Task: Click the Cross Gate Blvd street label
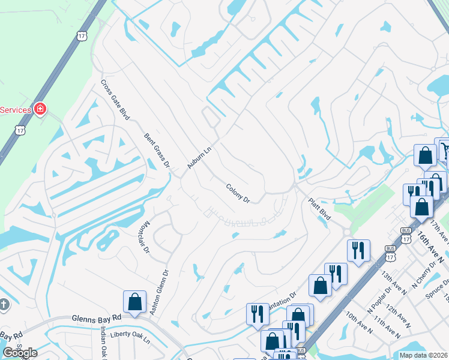pyautogui.click(x=115, y=100)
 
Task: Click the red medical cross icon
pyautogui.click(x=40, y=109)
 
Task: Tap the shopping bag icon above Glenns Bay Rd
pyautogui.click(x=134, y=301)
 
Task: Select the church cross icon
pyautogui.click(x=3, y=305)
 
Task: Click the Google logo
pyautogui.click(x=20, y=353)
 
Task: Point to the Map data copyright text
pyautogui.click(x=423, y=355)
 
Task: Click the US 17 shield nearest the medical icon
pyautogui.click(x=21, y=130)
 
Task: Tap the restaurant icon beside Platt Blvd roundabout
pyautogui.click(x=358, y=250)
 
